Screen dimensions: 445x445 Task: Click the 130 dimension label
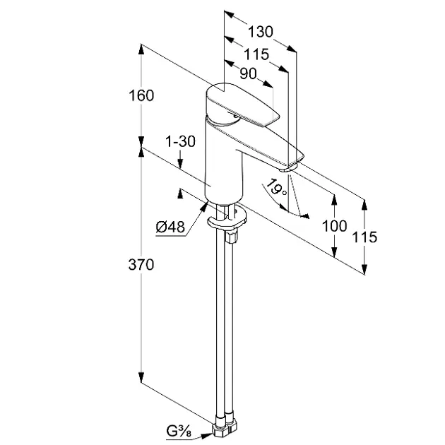point(261,32)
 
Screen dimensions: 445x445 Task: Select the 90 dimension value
point(248,73)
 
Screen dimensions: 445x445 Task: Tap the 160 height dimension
point(141,95)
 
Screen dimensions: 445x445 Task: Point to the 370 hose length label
point(141,264)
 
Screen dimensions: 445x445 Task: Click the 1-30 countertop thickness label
point(181,141)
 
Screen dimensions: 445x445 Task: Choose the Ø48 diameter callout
point(170,227)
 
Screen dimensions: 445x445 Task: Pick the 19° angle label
point(275,188)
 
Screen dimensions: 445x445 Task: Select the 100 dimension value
point(334,226)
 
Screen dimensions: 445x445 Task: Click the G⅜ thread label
point(179,432)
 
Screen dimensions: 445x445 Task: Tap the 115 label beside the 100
point(364,237)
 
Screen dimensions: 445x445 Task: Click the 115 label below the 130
point(256,54)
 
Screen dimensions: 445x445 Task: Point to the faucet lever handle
point(242,105)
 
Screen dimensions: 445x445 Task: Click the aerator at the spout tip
point(287,169)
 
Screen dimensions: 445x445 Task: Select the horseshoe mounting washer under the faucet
point(227,218)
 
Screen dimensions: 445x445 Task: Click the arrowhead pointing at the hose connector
point(206,435)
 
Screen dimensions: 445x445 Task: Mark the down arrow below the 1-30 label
point(180,160)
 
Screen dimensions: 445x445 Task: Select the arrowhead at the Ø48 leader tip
point(204,206)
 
